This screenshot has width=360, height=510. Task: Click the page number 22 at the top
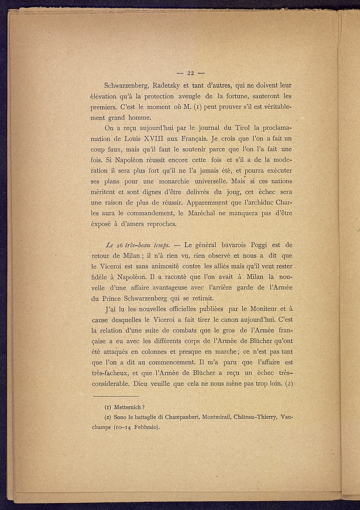190,73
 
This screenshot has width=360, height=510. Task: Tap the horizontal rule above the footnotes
116,396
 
